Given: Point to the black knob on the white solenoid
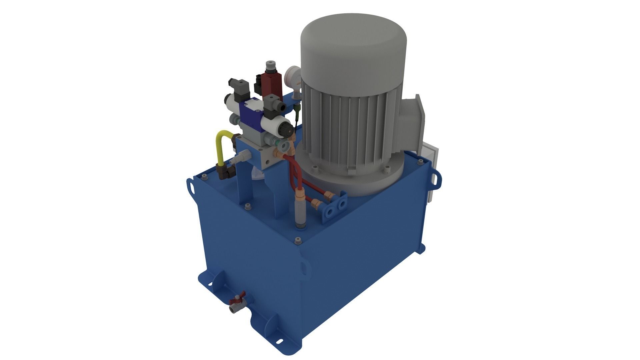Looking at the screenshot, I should [x=286, y=129].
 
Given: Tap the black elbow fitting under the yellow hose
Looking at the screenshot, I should [x=225, y=173].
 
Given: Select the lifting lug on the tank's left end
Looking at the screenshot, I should [x=191, y=186].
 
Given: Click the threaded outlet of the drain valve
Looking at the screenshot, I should [x=232, y=311].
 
